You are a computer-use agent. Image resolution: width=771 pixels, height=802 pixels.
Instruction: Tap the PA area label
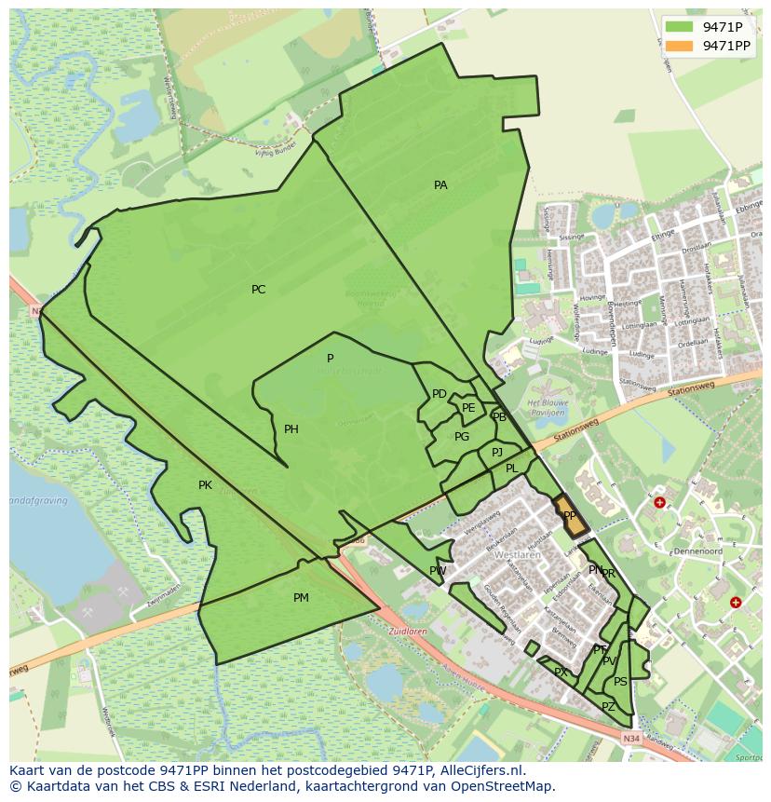coord(440,185)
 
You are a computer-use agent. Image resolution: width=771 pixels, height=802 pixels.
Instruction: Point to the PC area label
coord(258,290)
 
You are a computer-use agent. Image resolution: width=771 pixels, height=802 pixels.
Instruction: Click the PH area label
coord(291,429)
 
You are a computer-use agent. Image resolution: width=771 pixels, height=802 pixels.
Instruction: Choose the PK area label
coord(205,485)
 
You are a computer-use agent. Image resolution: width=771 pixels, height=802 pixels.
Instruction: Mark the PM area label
coord(301,598)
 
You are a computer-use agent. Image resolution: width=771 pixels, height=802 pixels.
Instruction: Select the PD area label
coord(440,394)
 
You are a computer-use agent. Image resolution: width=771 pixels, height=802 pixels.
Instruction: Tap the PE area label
coord(468,408)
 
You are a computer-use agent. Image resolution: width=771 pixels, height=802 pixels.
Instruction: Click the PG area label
coord(462,437)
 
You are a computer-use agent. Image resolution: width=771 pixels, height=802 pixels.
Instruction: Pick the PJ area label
coord(497,452)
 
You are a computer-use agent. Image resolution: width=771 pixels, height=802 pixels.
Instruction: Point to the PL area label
coord(511,469)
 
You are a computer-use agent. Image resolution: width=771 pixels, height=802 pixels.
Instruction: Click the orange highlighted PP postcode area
coord(571,516)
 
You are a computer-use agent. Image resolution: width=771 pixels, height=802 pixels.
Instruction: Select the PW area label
coord(438,571)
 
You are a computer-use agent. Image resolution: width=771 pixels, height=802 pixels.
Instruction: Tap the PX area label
coord(561,672)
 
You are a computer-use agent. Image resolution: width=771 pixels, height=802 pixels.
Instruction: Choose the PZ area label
coord(608,707)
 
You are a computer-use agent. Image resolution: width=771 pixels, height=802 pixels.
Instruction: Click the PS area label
coord(620,682)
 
